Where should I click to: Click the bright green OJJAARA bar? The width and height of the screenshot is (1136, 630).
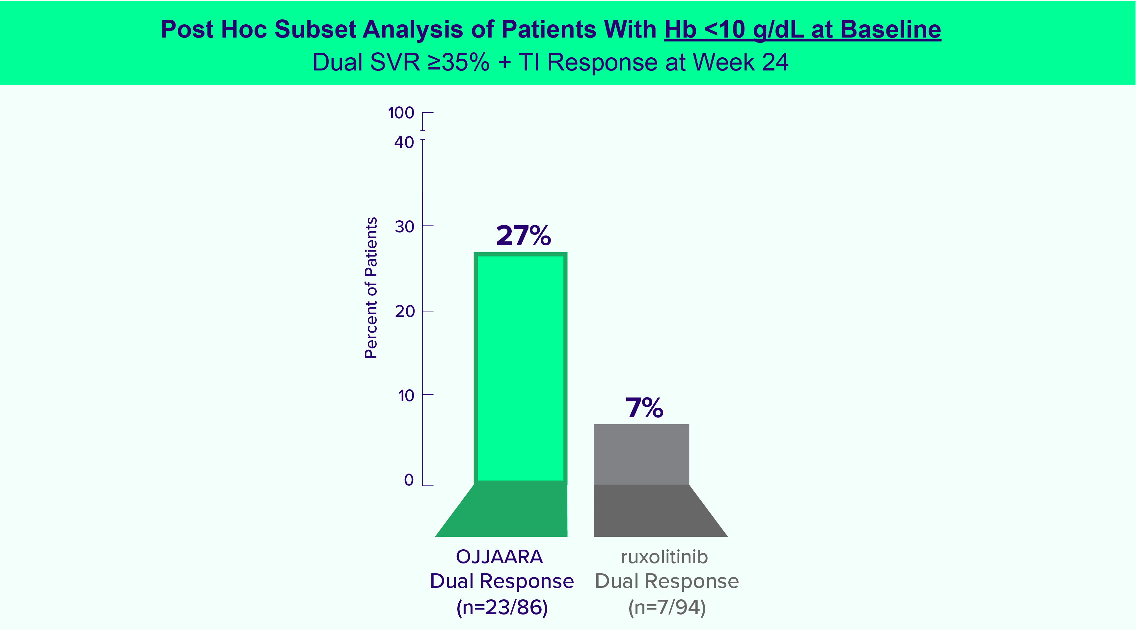click(520, 369)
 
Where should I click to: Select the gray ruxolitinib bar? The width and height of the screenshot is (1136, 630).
click(641, 454)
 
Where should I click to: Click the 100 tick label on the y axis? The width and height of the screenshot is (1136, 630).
click(401, 113)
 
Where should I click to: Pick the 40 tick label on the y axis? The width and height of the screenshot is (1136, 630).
click(404, 143)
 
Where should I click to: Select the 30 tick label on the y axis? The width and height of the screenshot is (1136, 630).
click(404, 227)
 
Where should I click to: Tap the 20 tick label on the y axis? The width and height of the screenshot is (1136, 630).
click(404, 312)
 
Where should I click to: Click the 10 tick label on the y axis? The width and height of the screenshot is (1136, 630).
click(406, 396)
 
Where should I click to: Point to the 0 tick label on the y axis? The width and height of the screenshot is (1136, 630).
click(409, 480)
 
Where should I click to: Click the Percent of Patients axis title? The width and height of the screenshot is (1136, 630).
click(371, 288)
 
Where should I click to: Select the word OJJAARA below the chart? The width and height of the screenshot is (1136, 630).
click(499, 557)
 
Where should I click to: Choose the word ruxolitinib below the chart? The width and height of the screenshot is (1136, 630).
click(664, 557)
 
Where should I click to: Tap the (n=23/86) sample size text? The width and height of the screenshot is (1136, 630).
click(502, 608)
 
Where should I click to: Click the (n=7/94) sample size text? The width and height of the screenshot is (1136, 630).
click(667, 608)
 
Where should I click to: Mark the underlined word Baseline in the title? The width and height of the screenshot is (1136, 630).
click(890, 30)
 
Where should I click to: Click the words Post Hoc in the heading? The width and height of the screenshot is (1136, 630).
click(214, 30)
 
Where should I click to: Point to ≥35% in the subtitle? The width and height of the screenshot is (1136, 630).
click(459, 62)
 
